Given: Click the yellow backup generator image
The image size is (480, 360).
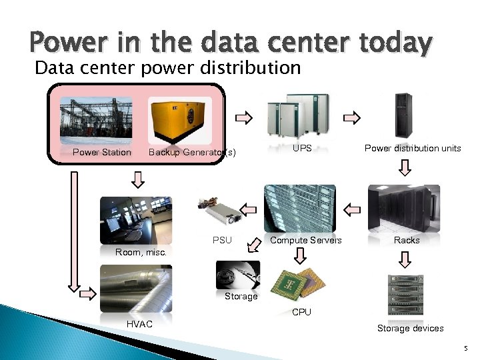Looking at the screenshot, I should click(180, 121).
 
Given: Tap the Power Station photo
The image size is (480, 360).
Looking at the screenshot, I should click(96, 119).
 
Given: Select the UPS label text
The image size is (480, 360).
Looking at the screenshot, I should click(302, 149).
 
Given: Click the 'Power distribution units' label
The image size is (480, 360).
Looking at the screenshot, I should click(412, 149).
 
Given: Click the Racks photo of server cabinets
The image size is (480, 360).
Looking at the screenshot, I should click(404, 208).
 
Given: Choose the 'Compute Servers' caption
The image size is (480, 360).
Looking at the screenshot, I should click(306, 240).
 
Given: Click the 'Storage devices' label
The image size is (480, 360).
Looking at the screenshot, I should click(410, 328).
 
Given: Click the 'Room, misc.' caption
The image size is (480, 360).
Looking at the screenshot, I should click(141, 253).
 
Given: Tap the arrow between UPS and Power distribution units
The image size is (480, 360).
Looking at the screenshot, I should click(351, 119).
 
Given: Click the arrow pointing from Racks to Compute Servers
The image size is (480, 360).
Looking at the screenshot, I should click(351, 208).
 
